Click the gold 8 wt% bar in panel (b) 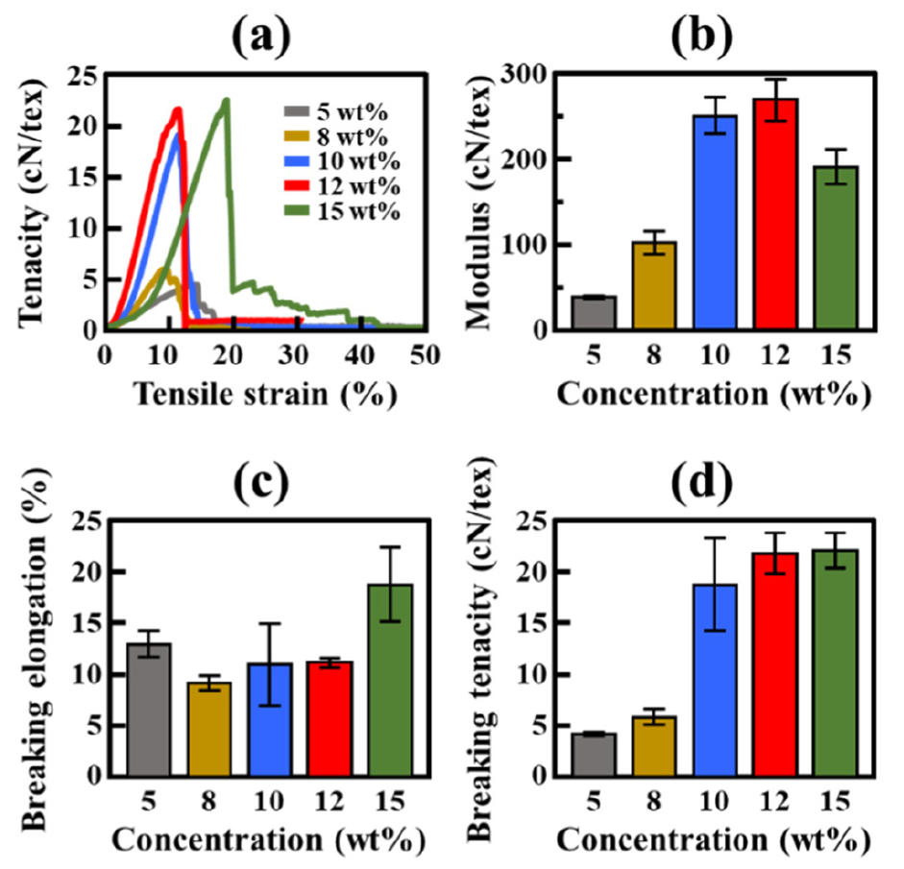pos(651,285)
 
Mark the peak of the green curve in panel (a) pos(226,100)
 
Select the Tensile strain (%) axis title pos(264,394)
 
